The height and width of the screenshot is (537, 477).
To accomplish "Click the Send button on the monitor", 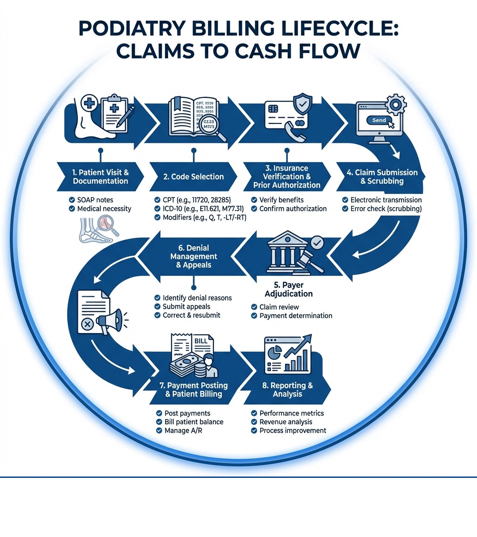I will tap(379, 120).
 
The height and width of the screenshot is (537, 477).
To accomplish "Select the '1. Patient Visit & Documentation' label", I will tap(101, 177).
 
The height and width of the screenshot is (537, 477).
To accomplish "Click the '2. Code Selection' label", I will tap(194, 177).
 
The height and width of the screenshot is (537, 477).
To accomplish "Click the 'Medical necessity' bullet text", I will tap(104, 208).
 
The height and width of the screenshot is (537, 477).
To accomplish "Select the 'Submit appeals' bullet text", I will tap(186, 306).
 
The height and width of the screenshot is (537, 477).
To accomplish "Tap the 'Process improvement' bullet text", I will tap(293, 430).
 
